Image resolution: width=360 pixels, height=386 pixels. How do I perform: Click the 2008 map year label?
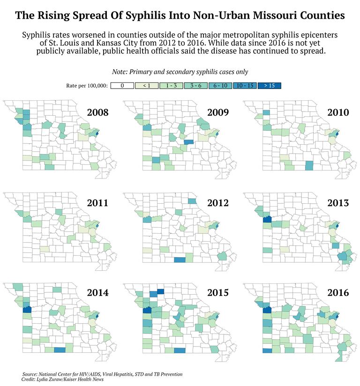[x=98, y=113]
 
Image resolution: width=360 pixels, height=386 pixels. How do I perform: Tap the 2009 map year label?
[x=217, y=113]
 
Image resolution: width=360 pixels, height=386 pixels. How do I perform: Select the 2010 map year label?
[x=338, y=113]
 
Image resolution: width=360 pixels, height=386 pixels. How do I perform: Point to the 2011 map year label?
[x=98, y=203]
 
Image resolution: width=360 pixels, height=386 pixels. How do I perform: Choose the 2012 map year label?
[x=217, y=203]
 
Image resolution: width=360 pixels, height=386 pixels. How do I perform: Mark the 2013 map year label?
[x=338, y=203]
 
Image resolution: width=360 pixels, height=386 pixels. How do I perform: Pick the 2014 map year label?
[x=98, y=293]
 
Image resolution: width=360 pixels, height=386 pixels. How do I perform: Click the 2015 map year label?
[x=217, y=293]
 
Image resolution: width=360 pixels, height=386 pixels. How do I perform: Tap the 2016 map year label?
[x=338, y=293]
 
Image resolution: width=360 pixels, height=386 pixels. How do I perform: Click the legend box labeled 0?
[x=121, y=86]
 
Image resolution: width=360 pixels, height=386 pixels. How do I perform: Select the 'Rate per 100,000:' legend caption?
[x=87, y=86]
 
